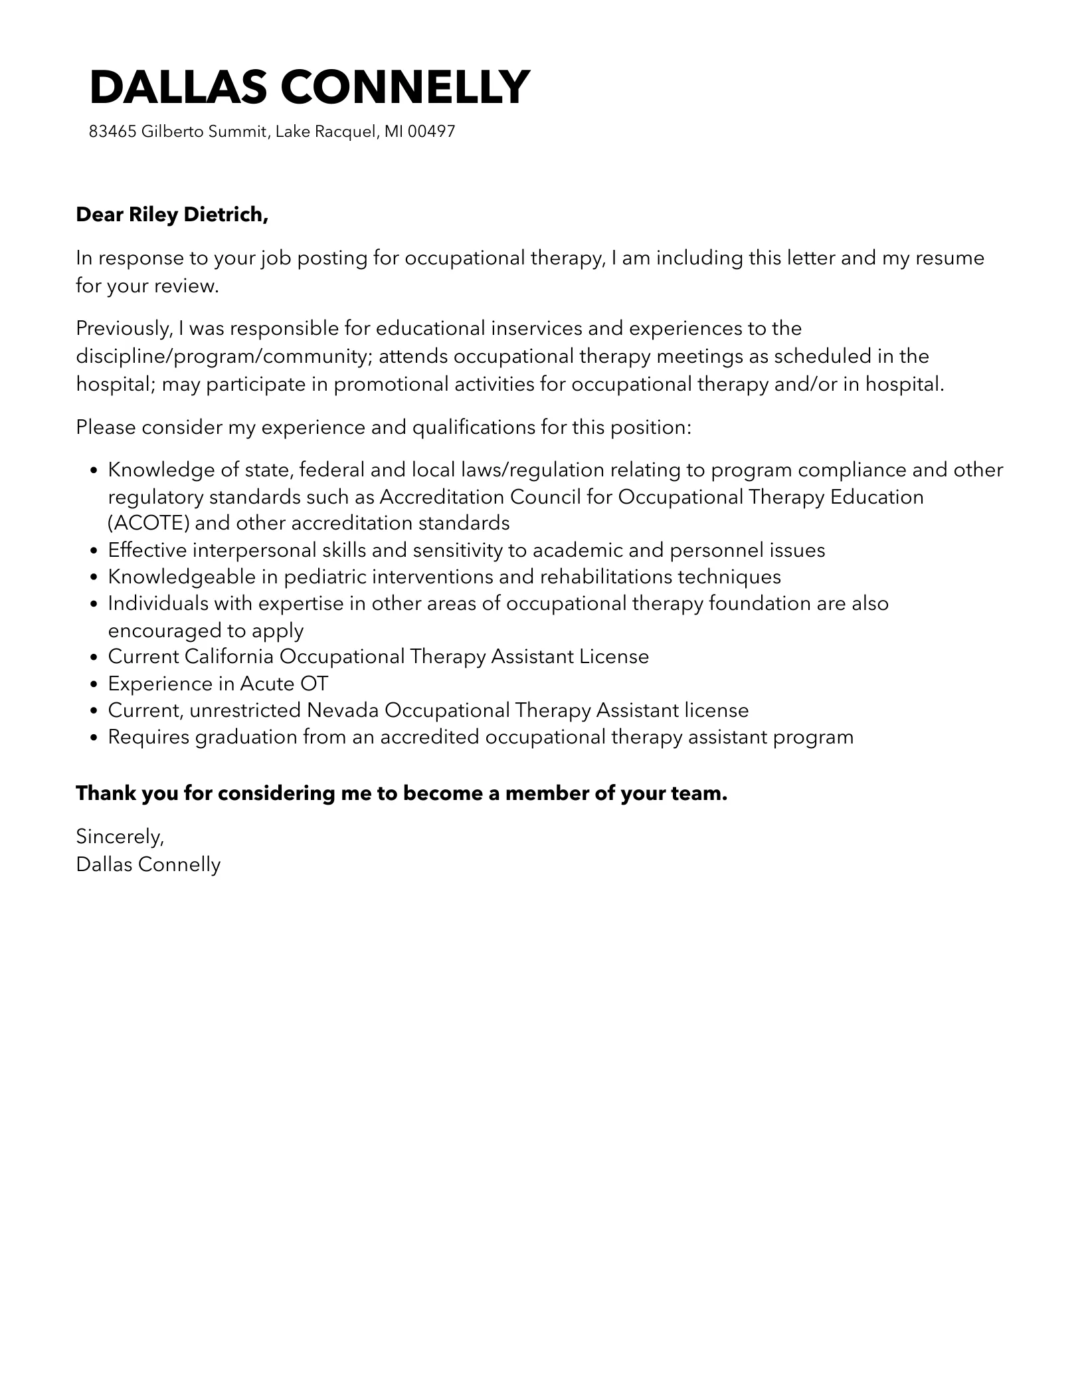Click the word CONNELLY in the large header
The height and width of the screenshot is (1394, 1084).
click(x=405, y=87)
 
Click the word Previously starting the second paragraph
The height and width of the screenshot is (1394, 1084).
click(x=124, y=328)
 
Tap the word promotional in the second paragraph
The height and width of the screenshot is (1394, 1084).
click(x=386, y=384)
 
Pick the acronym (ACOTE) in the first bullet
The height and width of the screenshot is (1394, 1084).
click(x=149, y=523)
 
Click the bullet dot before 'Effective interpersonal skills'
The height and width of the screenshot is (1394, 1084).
click(x=94, y=551)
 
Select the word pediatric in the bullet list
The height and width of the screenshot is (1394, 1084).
click(x=325, y=576)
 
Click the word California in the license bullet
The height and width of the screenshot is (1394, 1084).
click(x=229, y=656)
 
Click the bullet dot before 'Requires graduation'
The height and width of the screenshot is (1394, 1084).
click(x=94, y=738)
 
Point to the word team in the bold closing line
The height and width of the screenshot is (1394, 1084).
click(x=702, y=793)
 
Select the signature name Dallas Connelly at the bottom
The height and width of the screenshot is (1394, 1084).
click(x=148, y=864)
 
